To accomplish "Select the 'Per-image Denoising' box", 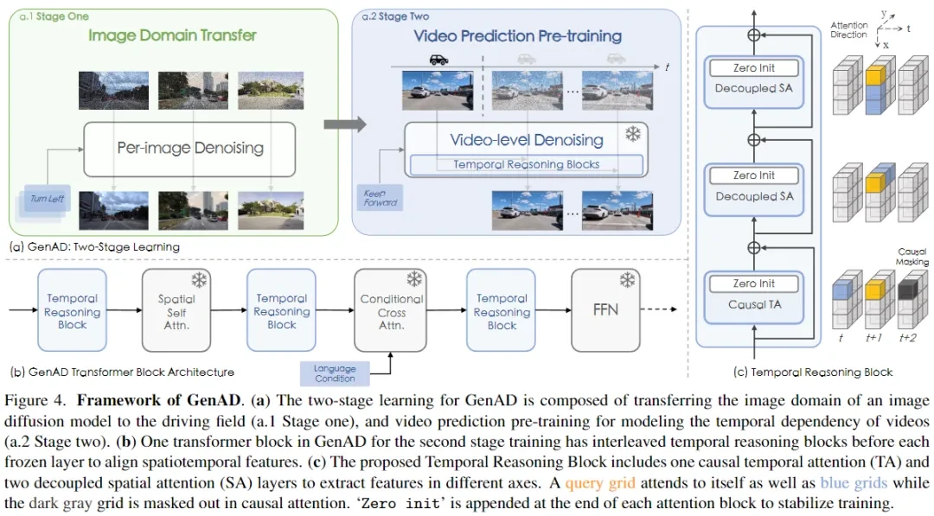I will pyautogui.click(x=190, y=148).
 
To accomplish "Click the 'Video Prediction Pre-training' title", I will pyautogui.click(x=517, y=36).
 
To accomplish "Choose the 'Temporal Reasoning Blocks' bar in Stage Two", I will pyautogui.click(x=527, y=164).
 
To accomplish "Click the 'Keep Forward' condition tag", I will pyautogui.click(x=381, y=197).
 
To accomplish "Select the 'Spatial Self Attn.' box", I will pyautogui.click(x=176, y=312).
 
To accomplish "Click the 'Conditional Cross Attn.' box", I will pyautogui.click(x=392, y=312).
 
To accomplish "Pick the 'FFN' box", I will pyautogui.click(x=605, y=309).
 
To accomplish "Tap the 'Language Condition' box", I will pyautogui.click(x=335, y=373).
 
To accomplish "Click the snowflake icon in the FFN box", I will pyautogui.click(x=627, y=280).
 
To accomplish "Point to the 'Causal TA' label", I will pyautogui.click(x=754, y=304).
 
